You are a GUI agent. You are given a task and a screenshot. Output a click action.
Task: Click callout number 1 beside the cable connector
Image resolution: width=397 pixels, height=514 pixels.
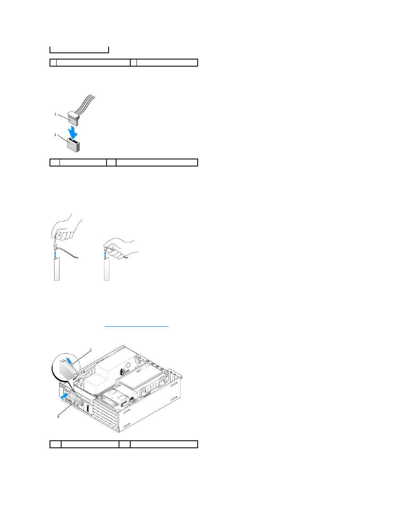pyautogui.click(x=55, y=114)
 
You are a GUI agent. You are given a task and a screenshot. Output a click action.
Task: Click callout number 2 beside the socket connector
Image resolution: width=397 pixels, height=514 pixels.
pyautogui.click(x=55, y=135)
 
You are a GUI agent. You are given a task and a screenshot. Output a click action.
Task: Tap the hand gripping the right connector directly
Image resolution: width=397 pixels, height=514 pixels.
pyautogui.click(x=121, y=248)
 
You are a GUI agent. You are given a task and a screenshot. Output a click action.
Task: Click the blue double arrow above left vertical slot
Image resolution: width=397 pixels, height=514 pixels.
pyautogui.click(x=55, y=253)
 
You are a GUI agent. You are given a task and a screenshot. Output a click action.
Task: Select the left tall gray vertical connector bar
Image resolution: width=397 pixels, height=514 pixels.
pyautogui.click(x=57, y=269)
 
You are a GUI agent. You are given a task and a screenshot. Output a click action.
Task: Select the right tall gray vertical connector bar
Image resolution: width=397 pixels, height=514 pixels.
pyautogui.click(x=107, y=269)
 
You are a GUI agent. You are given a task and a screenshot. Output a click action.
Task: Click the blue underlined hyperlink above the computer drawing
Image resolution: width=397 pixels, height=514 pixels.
pyautogui.click(x=136, y=326)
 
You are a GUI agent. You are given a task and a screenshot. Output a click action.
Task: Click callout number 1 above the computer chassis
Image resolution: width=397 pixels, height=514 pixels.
pyautogui.click(x=91, y=350)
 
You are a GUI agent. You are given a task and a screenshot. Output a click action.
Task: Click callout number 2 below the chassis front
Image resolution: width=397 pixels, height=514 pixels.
pyautogui.click(x=58, y=416)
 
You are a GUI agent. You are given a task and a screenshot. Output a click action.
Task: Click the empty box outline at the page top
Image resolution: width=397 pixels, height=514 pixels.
pyautogui.click(x=79, y=50)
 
